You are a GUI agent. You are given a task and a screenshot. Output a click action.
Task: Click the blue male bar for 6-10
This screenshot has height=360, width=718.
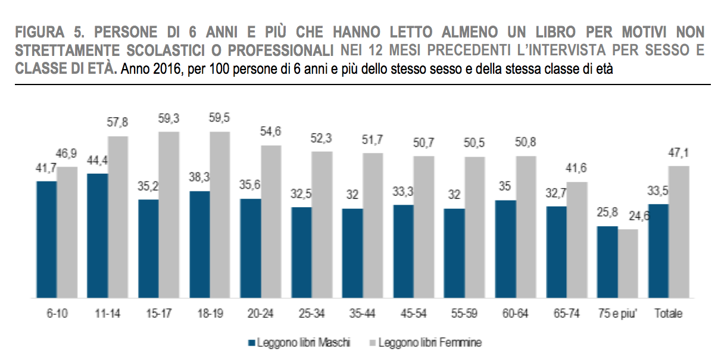(x=46, y=239)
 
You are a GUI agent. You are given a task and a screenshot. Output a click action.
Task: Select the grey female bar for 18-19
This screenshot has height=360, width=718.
(x=220, y=214)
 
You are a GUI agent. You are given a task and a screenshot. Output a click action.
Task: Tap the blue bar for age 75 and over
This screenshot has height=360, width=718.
(x=607, y=262)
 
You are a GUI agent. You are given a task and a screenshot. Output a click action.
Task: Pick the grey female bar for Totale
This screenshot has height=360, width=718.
(x=679, y=231)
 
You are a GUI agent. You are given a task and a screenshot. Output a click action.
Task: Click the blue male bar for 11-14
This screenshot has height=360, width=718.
(x=98, y=236)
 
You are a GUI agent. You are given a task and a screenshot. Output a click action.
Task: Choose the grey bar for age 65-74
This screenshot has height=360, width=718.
(x=577, y=239)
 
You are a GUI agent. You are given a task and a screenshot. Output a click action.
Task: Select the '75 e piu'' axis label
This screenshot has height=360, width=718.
(x=617, y=314)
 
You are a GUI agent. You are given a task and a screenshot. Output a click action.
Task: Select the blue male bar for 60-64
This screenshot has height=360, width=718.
(x=505, y=249)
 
